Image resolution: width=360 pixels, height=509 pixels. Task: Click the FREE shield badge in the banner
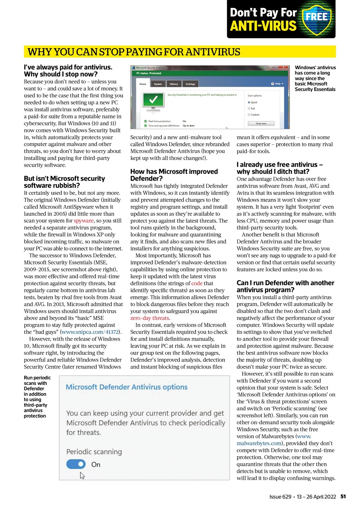coord(317,18)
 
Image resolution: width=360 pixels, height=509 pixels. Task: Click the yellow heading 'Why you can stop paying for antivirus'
coord(134,52)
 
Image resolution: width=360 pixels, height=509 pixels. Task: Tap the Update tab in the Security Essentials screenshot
coord(158,84)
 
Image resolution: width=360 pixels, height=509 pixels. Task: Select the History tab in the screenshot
coord(174,84)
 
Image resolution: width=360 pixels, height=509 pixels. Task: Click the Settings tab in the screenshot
coord(190,84)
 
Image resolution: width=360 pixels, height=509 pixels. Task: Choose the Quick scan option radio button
coord(249,102)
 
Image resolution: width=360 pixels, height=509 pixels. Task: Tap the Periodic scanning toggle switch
coord(76,464)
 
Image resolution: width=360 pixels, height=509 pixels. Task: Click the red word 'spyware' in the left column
coord(84,220)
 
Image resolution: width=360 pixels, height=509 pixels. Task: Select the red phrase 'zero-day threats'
coord(149,318)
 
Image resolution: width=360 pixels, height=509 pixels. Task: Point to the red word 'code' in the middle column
coord(197,283)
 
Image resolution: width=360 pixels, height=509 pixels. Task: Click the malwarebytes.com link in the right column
coord(259,443)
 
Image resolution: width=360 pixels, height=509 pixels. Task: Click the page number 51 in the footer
coord(343,497)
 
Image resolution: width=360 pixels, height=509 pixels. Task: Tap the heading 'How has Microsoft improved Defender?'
coord(174,175)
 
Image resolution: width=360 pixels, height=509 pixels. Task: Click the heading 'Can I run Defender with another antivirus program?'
coord(285,286)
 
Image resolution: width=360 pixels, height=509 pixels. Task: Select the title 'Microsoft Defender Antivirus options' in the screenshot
coord(126,387)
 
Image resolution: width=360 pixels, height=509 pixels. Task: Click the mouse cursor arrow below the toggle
coord(82,475)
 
